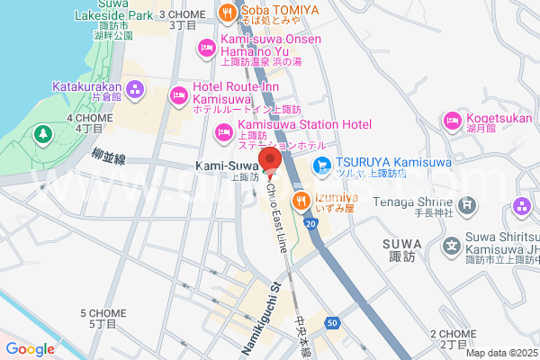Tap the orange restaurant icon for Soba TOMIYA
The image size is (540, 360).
click(228, 12)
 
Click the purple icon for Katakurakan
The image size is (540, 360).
click(136, 88)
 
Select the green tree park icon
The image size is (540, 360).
click(41, 135)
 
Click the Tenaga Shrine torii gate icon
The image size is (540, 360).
click(467, 205)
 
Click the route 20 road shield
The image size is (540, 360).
click(310, 222)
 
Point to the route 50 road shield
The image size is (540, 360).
click(332, 321)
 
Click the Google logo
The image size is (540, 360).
click(31, 349)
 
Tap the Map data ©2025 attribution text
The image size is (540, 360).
click(500, 353)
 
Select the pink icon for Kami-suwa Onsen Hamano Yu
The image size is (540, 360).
click(206, 47)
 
